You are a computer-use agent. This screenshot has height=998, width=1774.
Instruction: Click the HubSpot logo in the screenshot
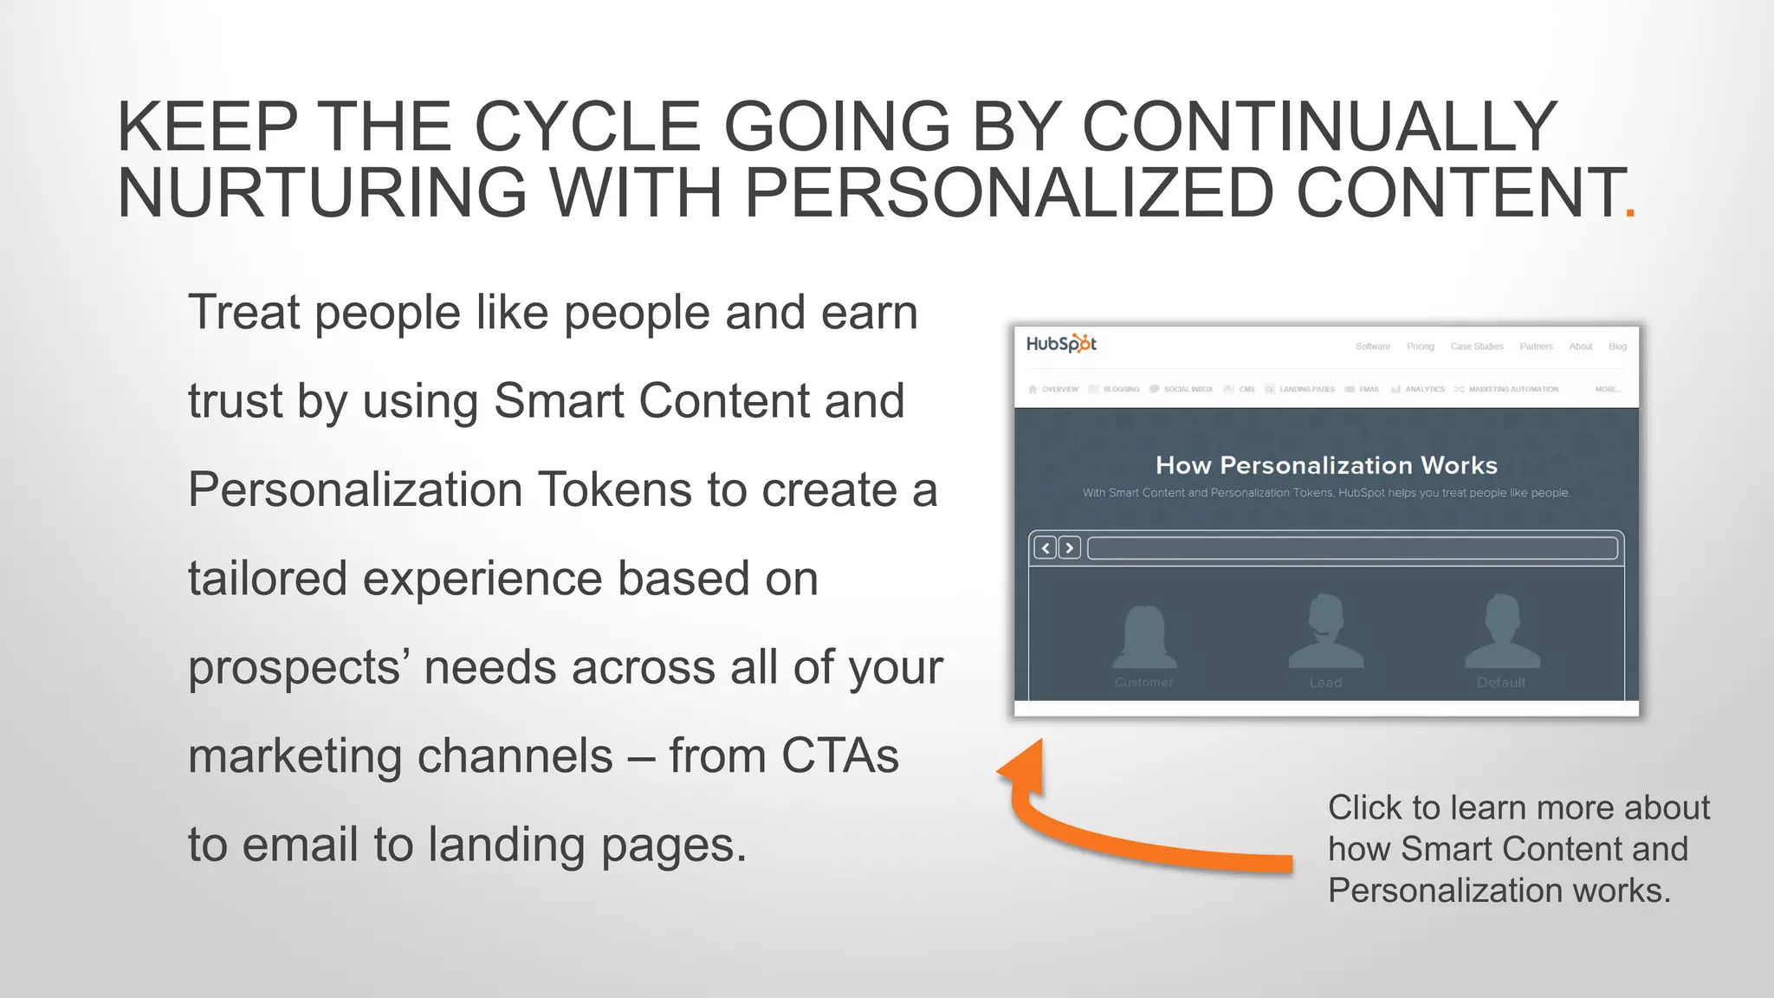pos(1061,344)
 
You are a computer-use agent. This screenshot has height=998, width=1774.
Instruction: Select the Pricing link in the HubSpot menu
pos(1420,347)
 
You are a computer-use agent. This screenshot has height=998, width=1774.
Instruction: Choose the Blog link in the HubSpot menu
pos(1617,347)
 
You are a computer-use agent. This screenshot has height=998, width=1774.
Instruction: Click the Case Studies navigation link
pos(1477,347)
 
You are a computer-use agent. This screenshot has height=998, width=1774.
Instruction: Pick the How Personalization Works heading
pos(1326,465)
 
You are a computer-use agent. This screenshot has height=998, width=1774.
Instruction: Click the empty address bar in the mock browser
pos(1352,548)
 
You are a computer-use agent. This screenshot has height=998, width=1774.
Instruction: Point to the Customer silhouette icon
pos(1144,637)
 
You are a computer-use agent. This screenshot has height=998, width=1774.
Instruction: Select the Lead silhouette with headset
pos(1325,632)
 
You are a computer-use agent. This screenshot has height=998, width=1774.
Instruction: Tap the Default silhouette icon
pos(1502,632)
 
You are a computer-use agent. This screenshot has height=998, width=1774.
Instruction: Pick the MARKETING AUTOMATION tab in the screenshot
pos(1512,390)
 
